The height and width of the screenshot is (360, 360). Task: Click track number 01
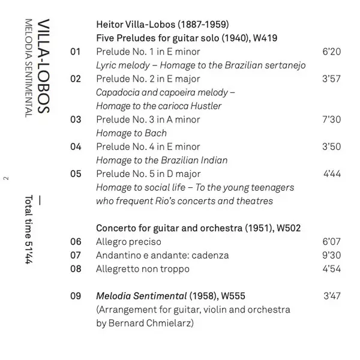pyautogui.click(x=75, y=52)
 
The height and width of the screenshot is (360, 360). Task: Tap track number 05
pyautogui.click(x=75, y=174)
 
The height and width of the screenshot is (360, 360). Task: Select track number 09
pyautogui.click(x=75, y=296)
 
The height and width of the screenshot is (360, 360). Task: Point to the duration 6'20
pyautogui.click(x=331, y=52)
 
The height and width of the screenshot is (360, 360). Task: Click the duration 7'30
pyautogui.click(x=331, y=119)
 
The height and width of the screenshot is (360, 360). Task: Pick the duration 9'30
pyautogui.click(x=331, y=256)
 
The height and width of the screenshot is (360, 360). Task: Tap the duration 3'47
pyautogui.click(x=331, y=296)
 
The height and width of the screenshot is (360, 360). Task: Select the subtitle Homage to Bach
pyautogui.click(x=131, y=133)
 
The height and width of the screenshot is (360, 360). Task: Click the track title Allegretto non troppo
pyautogui.click(x=143, y=269)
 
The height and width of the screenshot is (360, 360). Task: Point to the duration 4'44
pyautogui.click(x=331, y=174)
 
